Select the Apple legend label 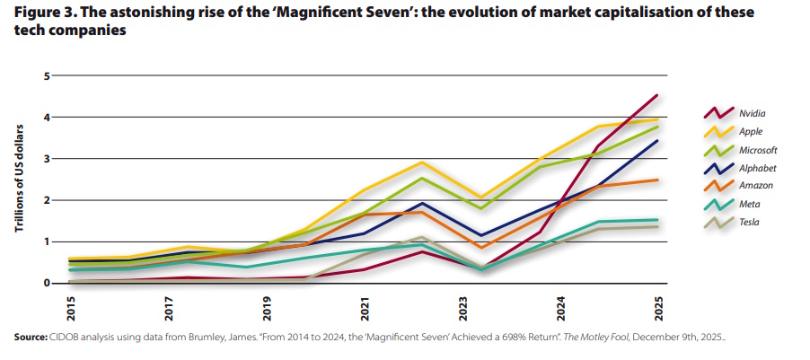tap(751, 131)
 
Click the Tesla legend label tap(750, 221)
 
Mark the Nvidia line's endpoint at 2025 tap(657, 95)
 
